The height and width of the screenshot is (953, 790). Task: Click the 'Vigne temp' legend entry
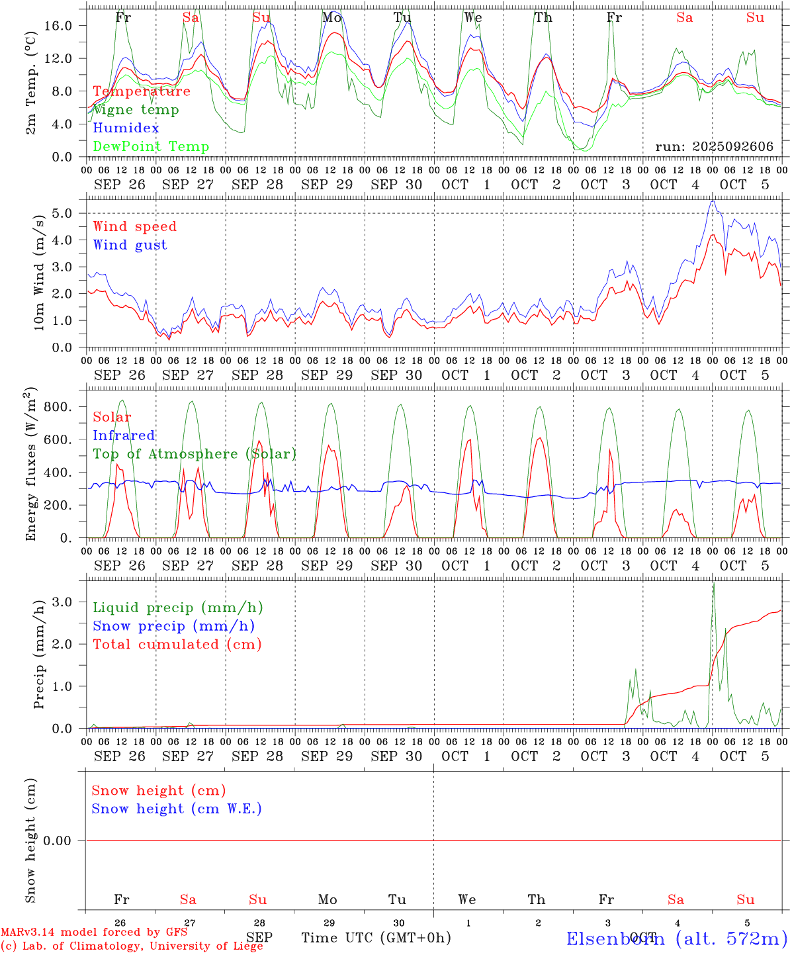(x=136, y=110)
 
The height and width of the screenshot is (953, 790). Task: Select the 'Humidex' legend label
(x=126, y=128)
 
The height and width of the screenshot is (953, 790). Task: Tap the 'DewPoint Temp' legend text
(x=151, y=146)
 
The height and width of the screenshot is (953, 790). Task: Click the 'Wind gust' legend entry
(x=130, y=245)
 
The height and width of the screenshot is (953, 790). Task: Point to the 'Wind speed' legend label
(x=135, y=226)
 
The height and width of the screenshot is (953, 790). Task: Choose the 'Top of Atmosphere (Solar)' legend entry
(x=195, y=454)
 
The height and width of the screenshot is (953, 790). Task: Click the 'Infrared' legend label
(x=124, y=435)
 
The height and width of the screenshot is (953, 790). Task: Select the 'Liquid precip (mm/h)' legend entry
(x=178, y=608)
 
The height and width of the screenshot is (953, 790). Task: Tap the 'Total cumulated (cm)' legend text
(x=177, y=644)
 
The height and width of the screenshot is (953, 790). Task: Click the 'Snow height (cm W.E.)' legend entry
(x=177, y=809)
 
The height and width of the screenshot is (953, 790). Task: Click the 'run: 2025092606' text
(x=715, y=147)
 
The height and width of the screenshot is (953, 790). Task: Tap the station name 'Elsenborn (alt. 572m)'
(x=677, y=938)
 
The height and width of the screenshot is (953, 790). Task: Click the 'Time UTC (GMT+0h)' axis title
(x=376, y=938)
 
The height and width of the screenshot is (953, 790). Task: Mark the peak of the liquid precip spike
(x=713, y=583)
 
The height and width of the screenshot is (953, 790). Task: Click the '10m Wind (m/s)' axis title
(x=40, y=270)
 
